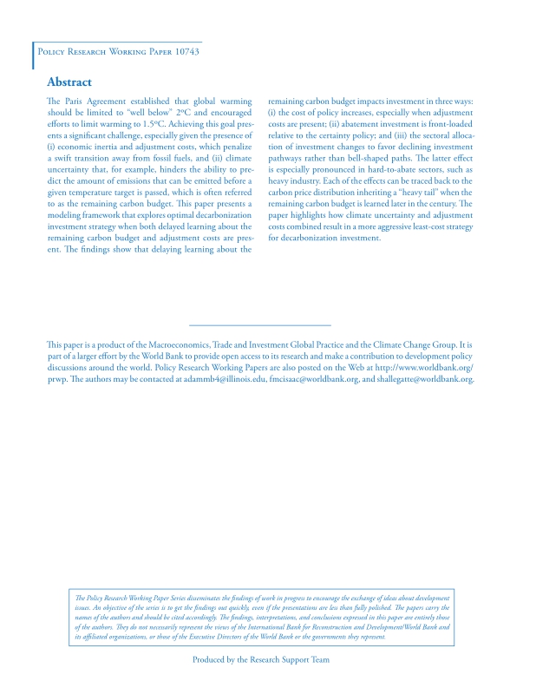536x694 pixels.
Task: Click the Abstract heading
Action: click(69, 82)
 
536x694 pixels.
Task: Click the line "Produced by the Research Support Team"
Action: click(261, 659)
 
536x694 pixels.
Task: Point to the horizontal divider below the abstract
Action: click(260, 324)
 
